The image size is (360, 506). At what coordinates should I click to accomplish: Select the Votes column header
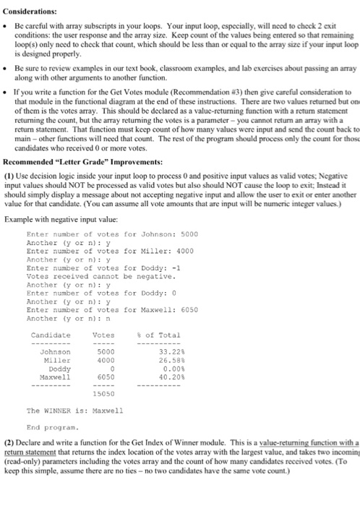[104, 335]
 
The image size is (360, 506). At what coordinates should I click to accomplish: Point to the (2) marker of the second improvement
[10, 440]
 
